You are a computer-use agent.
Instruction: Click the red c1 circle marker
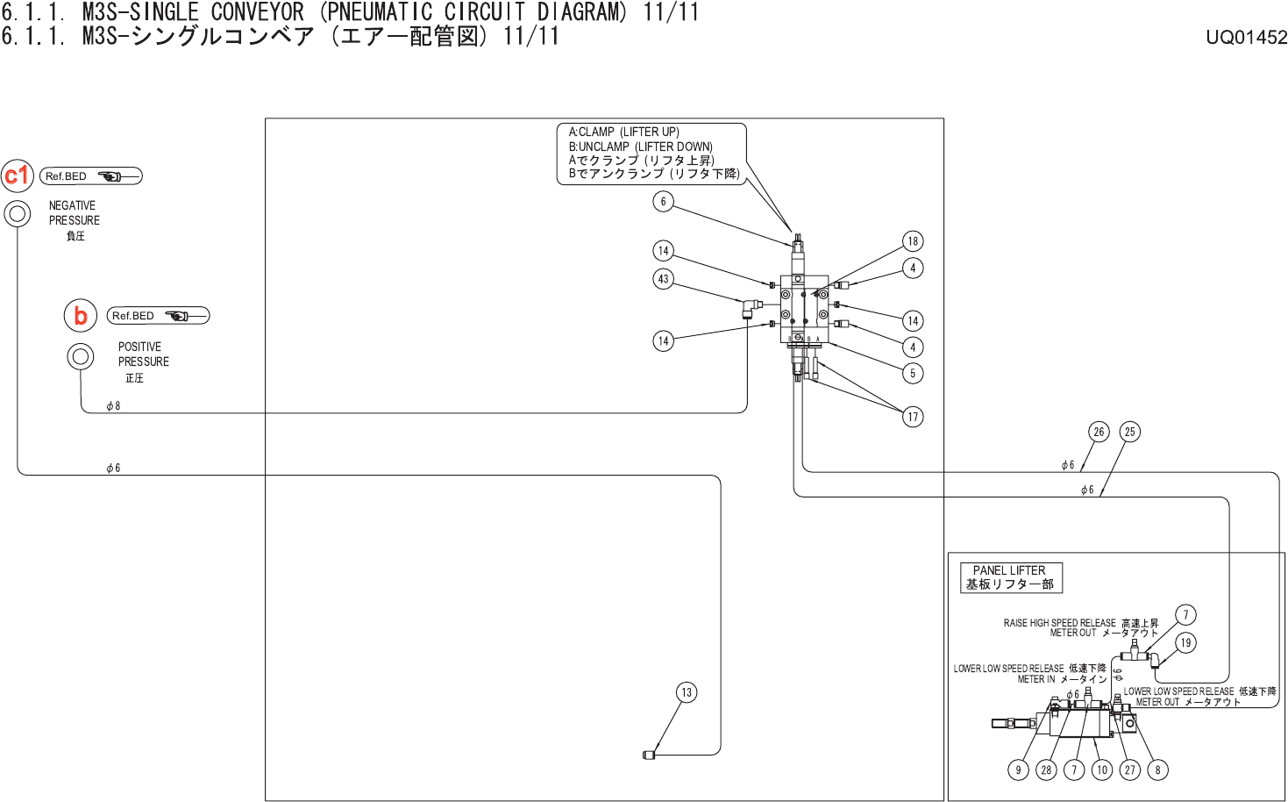coord(18,175)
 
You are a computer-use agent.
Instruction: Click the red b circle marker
coord(81,315)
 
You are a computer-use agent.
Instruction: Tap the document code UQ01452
coord(1246,37)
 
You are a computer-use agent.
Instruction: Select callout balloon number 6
coord(663,202)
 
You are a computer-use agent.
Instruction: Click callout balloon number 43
coord(663,279)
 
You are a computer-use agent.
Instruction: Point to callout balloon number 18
coord(913,241)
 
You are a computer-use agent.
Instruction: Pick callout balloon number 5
coord(913,373)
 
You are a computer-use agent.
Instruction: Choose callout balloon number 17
coord(913,417)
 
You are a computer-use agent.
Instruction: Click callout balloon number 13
coord(687,692)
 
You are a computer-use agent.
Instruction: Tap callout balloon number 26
coord(1099,432)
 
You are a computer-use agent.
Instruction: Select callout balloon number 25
coord(1129,432)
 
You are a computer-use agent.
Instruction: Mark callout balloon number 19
coord(1185,643)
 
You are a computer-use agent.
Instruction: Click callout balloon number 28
coord(1046,770)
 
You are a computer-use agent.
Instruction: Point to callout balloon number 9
coord(1018,770)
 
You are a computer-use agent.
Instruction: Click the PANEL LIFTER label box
coord(1010,577)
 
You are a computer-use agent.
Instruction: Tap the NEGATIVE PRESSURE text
coord(74,213)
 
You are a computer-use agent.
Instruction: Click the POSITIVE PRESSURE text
coord(143,354)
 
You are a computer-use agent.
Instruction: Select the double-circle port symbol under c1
coord(18,213)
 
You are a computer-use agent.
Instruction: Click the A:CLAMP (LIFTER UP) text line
coord(623,132)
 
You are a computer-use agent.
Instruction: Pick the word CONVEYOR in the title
coord(257,12)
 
